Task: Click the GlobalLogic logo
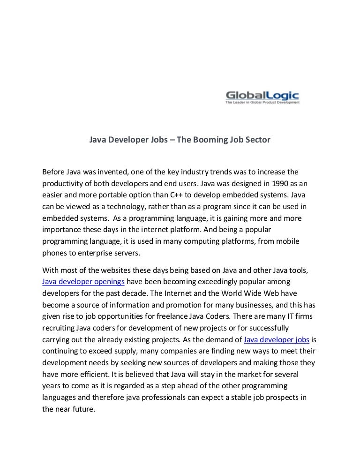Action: (x=262, y=95)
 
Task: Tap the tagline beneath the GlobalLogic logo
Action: (x=262, y=102)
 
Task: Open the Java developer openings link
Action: (x=83, y=282)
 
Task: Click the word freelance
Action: (x=194, y=316)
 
